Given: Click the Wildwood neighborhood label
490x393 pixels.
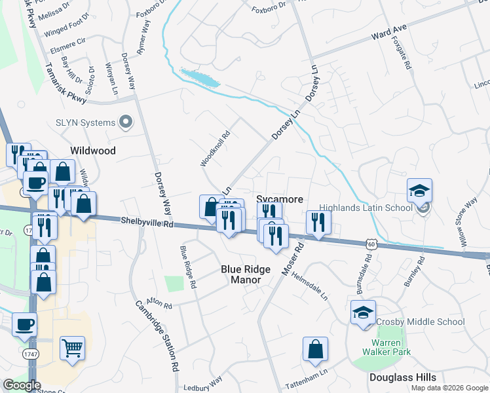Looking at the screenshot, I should pyautogui.click(x=93, y=151).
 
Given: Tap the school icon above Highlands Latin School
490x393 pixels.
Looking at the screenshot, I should pyautogui.click(x=419, y=191).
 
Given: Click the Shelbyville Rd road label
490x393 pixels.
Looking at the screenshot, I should pyautogui.click(x=147, y=223).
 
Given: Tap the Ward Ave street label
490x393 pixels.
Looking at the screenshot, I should pyautogui.click(x=388, y=32).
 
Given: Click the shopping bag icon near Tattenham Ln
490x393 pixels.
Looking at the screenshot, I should pyautogui.click(x=315, y=350).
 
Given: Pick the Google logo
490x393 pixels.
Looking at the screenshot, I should pyautogui.click(x=22, y=385).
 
